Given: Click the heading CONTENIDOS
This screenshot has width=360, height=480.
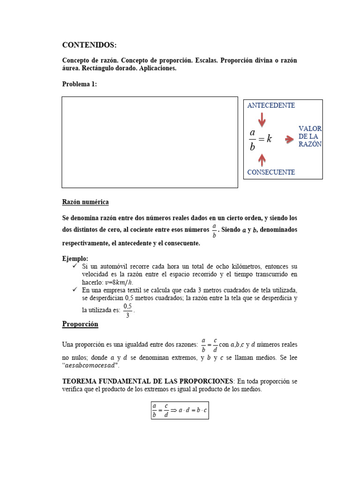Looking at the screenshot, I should point(89,45).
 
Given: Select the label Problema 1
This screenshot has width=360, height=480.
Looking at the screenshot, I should point(79,84).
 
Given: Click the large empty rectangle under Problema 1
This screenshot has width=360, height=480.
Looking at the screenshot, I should point(150,142).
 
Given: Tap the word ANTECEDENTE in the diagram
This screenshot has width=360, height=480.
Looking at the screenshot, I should point(271,105).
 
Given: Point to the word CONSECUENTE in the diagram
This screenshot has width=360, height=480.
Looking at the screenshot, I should point(271,172).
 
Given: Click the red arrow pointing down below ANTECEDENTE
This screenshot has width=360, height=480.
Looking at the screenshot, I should point(262,120).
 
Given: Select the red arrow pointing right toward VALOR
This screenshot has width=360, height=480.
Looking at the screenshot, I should point(287,138).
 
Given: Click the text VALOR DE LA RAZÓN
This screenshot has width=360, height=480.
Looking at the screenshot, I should point(310,136).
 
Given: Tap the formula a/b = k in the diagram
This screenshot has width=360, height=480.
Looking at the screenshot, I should point(260,139).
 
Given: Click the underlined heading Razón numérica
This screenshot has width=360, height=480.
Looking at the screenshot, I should point(85,202).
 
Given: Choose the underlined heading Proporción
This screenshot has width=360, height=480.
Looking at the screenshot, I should point(80,324).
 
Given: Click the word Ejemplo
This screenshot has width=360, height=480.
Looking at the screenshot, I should point(75,259).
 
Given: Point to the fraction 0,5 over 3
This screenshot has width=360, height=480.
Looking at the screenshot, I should point(127,310).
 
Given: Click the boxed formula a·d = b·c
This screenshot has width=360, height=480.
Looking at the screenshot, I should point(180,410).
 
